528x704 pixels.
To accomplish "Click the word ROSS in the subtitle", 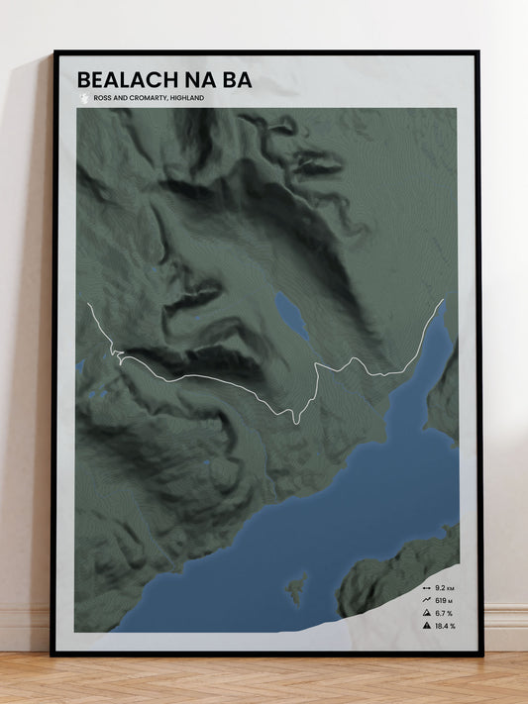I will (101, 98).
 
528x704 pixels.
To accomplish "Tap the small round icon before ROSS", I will (83, 98).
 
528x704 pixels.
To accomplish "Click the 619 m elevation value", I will (444, 600).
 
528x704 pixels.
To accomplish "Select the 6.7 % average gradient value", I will (444, 613).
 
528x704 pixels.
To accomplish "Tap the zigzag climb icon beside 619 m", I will (425, 600).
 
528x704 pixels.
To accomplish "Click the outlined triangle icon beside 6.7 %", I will (425, 613).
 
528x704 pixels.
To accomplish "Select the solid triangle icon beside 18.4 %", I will (425, 626).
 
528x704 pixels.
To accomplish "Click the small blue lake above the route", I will (290, 314).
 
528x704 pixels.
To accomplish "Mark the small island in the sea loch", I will (295, 590).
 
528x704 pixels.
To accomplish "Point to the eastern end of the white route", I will (443, 300).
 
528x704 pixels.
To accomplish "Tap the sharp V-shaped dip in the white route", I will (295, 421).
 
